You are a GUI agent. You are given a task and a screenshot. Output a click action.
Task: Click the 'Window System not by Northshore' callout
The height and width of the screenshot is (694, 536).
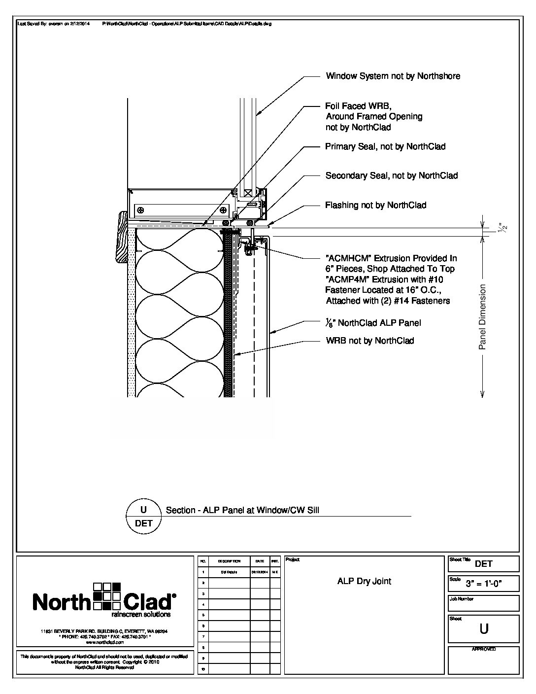pos(393,76)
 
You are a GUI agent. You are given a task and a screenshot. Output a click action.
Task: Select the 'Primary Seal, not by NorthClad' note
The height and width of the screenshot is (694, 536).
pos(385,146)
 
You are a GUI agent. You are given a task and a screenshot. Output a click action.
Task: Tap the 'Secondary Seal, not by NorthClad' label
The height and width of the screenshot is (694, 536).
pos(392,175)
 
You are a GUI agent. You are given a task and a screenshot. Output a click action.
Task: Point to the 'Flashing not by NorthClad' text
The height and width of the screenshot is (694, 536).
pos(375,205)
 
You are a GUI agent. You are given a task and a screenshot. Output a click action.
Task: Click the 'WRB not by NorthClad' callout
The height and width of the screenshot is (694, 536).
pos(370,341)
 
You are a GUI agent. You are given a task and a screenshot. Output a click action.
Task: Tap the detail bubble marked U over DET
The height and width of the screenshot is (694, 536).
pos(143,516)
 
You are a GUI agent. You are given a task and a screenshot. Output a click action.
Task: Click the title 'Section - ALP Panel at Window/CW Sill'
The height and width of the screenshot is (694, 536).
pos(242,510)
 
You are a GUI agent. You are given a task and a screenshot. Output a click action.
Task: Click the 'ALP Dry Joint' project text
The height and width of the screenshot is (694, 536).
pos(364,581)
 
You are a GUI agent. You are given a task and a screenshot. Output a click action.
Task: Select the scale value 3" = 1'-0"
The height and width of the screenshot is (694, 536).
pos(491,584)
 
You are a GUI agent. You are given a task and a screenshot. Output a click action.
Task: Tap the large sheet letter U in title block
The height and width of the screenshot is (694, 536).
pos(484,629)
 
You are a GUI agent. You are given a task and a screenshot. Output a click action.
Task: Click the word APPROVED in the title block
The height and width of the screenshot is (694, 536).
pos(483,649)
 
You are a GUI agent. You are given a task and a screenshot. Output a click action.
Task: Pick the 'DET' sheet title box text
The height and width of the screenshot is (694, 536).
pos(484,564)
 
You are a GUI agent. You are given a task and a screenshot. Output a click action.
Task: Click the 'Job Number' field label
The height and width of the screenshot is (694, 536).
pos(461,599)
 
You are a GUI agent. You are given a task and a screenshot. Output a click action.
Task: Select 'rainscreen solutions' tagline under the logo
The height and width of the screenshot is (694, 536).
pos(141,615)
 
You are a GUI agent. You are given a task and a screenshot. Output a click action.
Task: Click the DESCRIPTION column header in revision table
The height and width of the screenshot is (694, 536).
pos(229,561)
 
